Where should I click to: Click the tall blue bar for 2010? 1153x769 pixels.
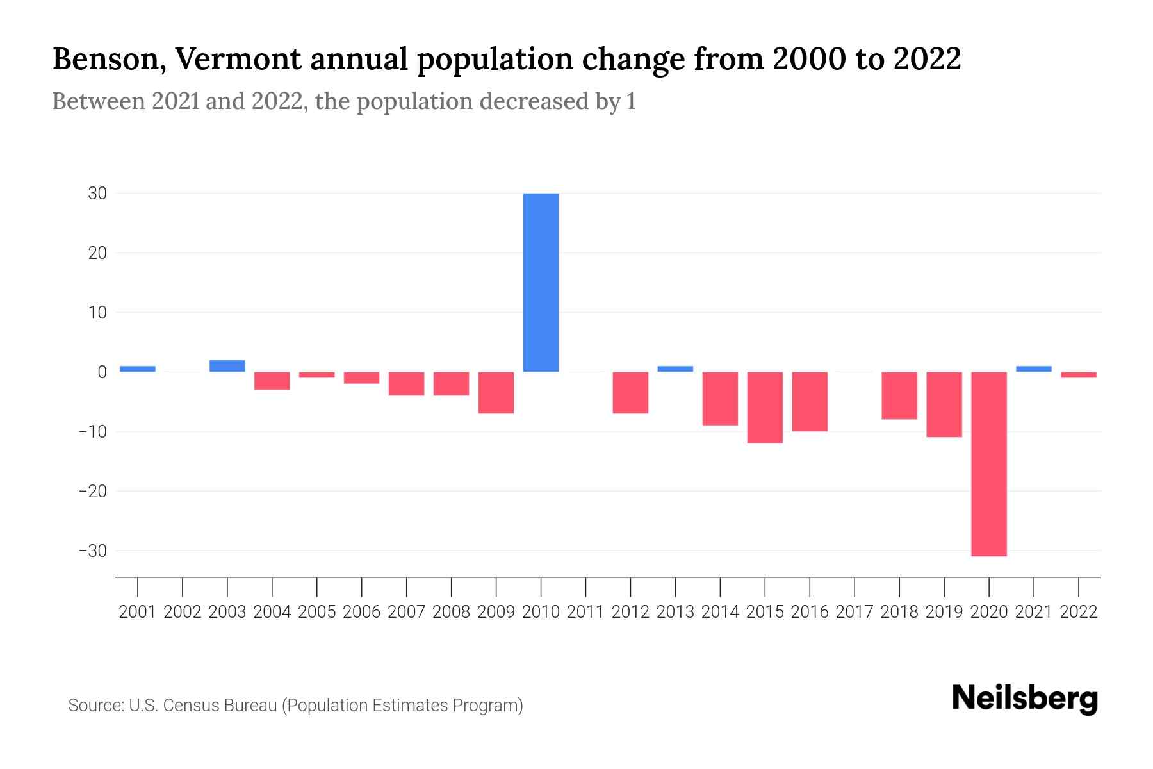(541, 282)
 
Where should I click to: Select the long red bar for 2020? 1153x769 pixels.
(989, 464)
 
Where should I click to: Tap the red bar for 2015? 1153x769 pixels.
(765, 408)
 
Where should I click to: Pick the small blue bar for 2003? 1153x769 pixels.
(227, 366)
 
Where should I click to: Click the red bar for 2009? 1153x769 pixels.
(496, 392)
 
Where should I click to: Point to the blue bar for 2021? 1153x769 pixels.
(1034, 369)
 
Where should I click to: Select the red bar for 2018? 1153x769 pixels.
(899, 395)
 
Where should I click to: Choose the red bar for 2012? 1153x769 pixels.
(630, 392)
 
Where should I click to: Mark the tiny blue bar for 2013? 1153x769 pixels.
(675, 369)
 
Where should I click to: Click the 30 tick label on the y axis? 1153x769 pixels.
(97, 194)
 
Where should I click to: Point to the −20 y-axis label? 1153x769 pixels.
(92, 492)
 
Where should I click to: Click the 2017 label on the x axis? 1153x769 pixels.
(855, 612)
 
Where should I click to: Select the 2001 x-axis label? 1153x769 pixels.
(138, 612)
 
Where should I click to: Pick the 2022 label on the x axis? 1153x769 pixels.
(1079, 612)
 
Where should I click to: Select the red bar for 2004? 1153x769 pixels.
(272, 381)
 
